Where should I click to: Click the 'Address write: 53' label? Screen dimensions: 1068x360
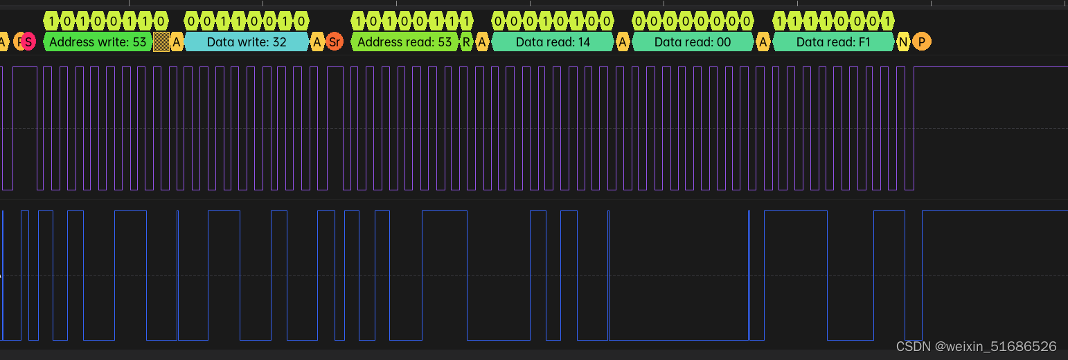click(x=98, y=42)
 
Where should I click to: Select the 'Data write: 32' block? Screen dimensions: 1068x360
click(x=247, y=42)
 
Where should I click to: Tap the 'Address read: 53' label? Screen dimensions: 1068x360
click(x=404, y=42)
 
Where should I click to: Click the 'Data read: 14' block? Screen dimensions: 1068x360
click(x=553, y=42)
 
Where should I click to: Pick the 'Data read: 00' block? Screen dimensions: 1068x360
click(x=693, y=42)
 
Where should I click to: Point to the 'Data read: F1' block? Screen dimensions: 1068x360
click(x=833, y=42)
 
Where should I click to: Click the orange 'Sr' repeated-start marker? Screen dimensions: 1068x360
click(x=335, y=42)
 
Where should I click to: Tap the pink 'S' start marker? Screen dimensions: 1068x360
click(x=28, y=42)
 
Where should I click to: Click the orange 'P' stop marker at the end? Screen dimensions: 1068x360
click(x=921, y=42)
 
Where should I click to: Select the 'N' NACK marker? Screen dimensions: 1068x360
click(x=903, y=42)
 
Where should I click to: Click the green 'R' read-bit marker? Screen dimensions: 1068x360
click(x=467, y=42)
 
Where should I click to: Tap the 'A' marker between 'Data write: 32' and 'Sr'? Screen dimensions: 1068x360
click(x=317, y=42)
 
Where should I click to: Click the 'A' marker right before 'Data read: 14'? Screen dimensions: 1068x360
click(x=483, y=42)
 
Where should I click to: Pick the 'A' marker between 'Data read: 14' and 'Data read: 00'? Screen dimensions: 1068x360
click(x=623, y=42)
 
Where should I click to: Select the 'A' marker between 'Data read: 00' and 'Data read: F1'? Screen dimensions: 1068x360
click(x=763, y=42)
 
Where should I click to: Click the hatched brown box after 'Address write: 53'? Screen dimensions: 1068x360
click(x=161, y=42)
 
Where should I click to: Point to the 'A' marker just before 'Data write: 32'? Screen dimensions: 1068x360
click(x=177, y=42)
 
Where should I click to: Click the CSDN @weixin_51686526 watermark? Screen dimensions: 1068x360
click(x=976, y=346)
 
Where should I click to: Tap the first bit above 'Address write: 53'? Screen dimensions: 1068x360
click(x=53, y=20)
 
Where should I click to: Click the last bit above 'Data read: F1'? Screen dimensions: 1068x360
click(x=887, y=20)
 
